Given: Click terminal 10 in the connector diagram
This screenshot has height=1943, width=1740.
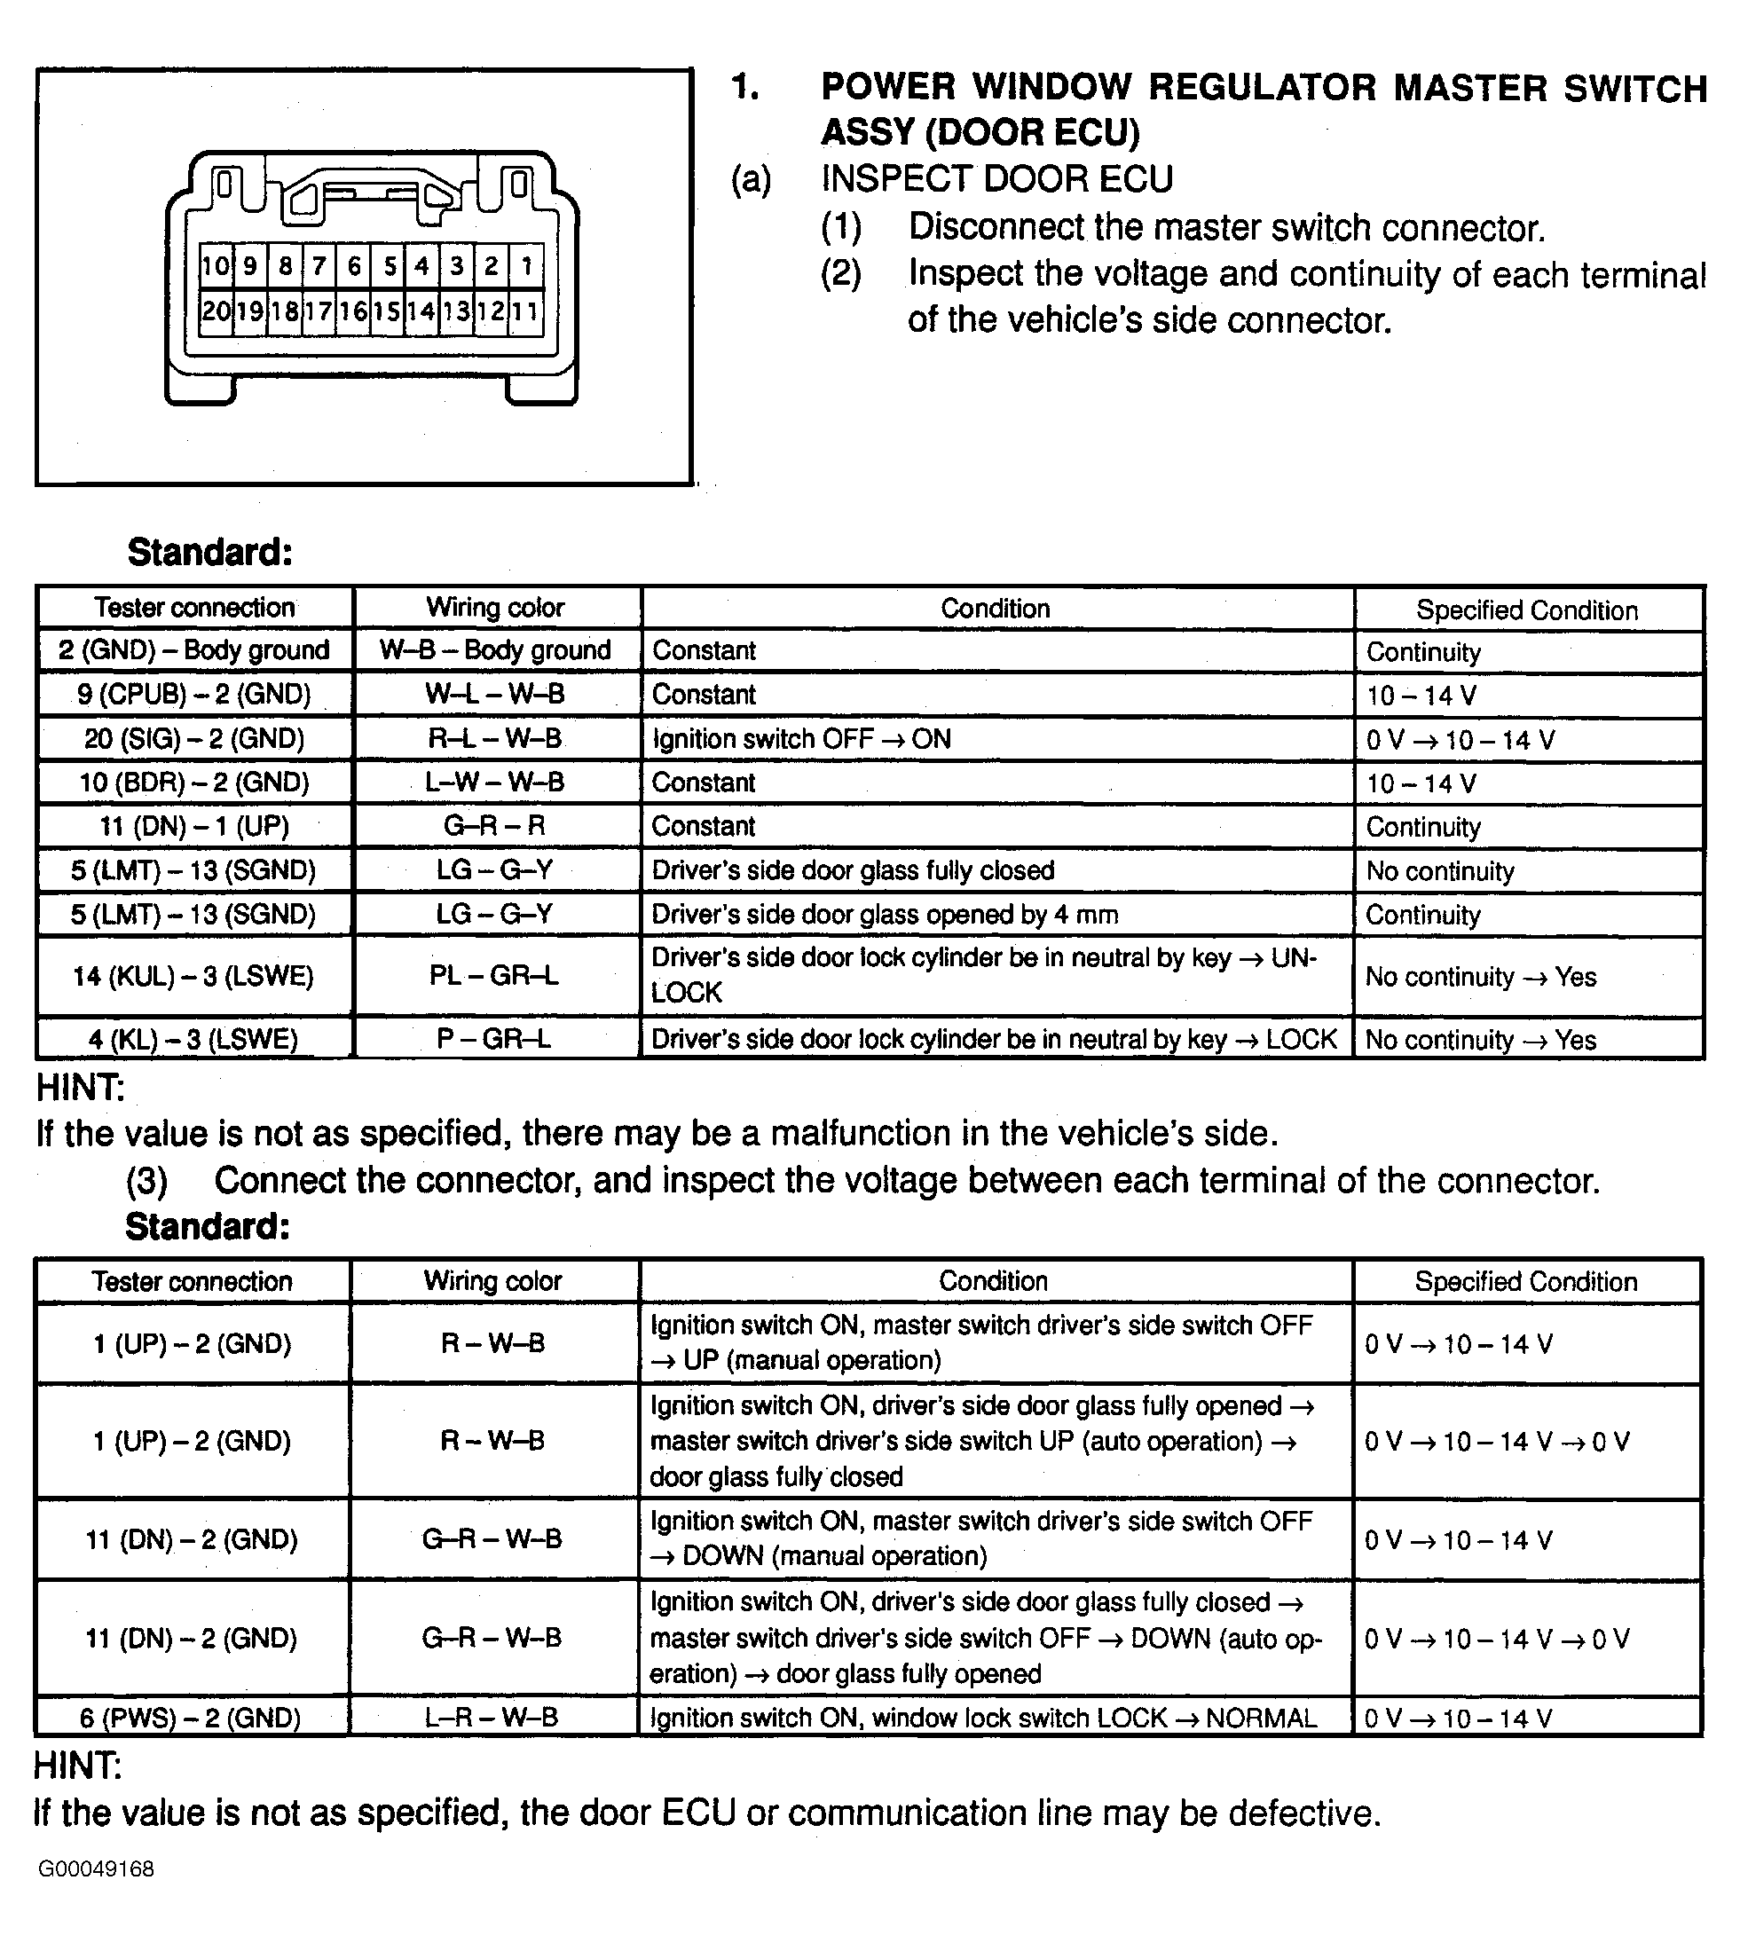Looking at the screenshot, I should point(215,265).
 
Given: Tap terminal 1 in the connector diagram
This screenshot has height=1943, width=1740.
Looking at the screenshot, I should point(527,265).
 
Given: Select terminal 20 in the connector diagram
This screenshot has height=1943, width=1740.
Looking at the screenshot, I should point(215,311).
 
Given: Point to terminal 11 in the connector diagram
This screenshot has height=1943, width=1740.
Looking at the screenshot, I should point(526,311).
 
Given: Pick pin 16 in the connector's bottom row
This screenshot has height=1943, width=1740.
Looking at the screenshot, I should point(354,311).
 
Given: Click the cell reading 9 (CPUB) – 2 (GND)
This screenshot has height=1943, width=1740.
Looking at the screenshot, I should point(194,695).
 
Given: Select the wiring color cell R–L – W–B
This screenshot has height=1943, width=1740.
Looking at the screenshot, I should point(495,739).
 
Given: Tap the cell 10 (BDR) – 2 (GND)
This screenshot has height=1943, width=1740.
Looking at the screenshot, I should point(194,783).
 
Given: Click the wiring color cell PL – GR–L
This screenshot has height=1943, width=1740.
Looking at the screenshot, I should point(495,976).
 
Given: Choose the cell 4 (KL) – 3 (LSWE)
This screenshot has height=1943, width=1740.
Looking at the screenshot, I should point(194,1039).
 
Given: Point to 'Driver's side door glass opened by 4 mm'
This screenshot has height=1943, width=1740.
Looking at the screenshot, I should point(885,915).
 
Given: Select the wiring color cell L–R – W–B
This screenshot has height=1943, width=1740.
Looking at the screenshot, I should point(492,1718).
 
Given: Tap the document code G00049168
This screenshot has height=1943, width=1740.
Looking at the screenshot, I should point(96,1868).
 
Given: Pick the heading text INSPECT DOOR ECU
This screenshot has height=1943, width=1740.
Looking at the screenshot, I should point(996,178).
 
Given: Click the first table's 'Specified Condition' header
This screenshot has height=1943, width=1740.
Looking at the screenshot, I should point(1527,610).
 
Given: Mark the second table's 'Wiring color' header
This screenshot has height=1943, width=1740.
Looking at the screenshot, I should point(492,1280).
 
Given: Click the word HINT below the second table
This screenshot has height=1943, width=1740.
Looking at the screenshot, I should point(77,1766).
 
